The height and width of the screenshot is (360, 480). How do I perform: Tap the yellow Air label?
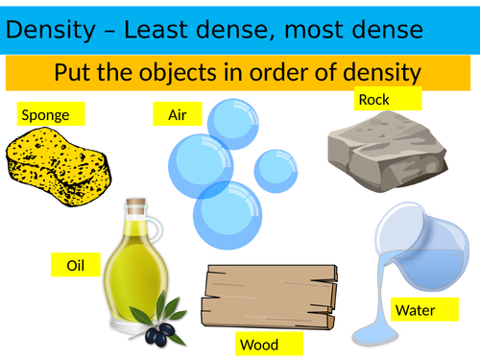(178, 115)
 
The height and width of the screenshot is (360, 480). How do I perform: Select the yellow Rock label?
(387, 98)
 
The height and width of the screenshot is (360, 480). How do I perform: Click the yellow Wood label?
(269, 344)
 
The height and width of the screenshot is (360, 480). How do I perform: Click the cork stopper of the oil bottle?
(136, 208)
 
